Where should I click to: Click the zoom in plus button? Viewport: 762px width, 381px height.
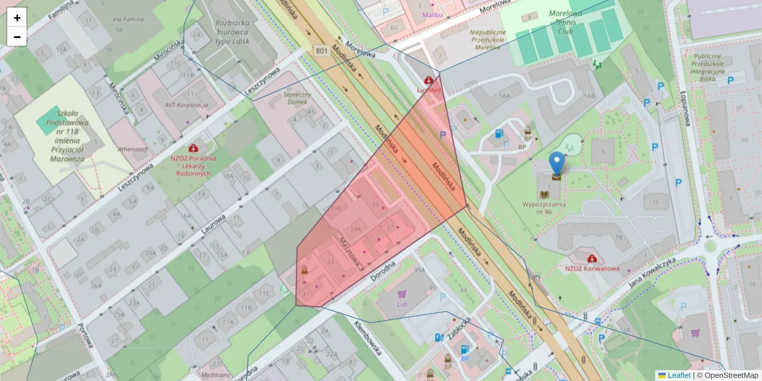coord(17,17)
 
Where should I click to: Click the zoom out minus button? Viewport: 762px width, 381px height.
coord(17,37)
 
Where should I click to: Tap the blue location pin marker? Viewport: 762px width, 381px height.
coord(556,163)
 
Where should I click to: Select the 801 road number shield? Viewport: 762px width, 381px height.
coord(322,51)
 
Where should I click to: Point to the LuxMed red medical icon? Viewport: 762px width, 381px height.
coord(429,81)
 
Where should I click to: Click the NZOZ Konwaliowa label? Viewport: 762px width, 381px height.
coord(592,268)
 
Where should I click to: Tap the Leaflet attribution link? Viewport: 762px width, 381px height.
coord(679,375)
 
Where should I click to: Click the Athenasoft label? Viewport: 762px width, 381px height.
coord(132,149)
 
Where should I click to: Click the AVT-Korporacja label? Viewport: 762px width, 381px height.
coord(186,105)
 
